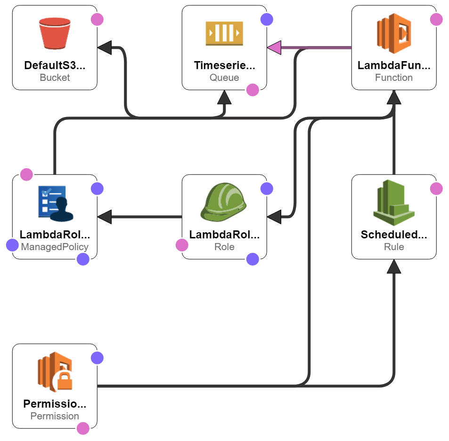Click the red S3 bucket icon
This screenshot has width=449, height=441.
click(x=55, y=33)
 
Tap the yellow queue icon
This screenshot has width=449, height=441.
click(x=224, y=33)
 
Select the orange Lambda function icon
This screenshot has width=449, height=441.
click(x=394, y=33)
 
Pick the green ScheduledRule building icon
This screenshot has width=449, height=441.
click(x=394, y=203)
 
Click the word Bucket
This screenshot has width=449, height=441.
click(x=55, y=78)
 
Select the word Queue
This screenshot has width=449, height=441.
click(x=224, y=78)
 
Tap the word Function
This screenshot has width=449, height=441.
click(x=394, y=78)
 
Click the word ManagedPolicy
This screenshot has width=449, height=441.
click(x=55, y=247)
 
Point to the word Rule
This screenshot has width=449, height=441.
click(x=394, y=247)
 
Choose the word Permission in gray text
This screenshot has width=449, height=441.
click(x=55, y=416)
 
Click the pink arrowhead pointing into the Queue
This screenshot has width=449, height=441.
click(x=274, y=47)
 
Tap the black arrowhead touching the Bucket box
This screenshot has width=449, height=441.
click(x=105, y=47)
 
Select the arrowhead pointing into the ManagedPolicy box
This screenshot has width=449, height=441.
click(x=105, y=217)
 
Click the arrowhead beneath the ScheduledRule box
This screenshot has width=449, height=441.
click(x=394, y=267)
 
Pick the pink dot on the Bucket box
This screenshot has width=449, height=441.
click(x=97, y=19)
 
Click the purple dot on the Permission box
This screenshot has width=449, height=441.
click(x=97, y=358)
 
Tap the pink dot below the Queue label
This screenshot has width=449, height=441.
click(x=253, y=90)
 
